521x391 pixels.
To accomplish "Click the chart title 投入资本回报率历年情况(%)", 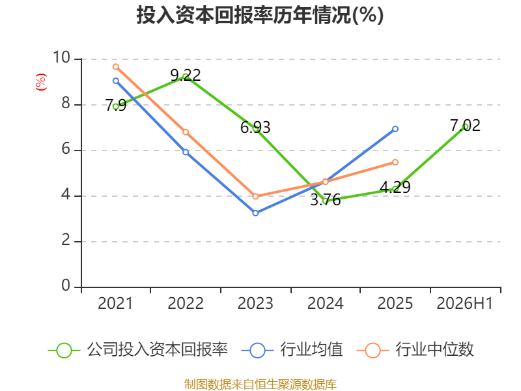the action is [x=260, y=15].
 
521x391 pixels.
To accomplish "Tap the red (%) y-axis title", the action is [x=41, y=82].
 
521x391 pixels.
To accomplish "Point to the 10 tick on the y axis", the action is [x=61, y=57].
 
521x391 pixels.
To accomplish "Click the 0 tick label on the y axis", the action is [x=66, y=285].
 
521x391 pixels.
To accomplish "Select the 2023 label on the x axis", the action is [x=255, y=304].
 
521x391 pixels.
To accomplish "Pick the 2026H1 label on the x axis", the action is [x=464, y=304].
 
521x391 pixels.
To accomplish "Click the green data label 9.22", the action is [x=186, y=75].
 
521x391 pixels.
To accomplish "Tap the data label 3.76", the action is [x=325, y=200].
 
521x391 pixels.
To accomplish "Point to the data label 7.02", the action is [x=465, y=126].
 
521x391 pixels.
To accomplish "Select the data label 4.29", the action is [x=395, y=187].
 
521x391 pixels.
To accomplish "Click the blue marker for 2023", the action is [x=255, y=213].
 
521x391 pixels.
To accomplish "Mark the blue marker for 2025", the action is [x=395, y=129].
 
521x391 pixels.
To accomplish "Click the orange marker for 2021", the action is [x=116, y=67].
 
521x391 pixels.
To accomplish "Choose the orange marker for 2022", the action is [x=186, y=132].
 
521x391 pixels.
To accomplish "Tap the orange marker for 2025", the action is [x=395, y=162].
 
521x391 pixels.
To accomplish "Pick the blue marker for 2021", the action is [x=116, y=81].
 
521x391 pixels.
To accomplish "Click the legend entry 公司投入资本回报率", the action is [x=138, y=350].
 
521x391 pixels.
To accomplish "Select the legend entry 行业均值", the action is [x=292, y=350].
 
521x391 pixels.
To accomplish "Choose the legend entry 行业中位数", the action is [x=415, y=350].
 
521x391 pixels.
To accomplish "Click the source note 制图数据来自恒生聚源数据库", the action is [x=260, y=384].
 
